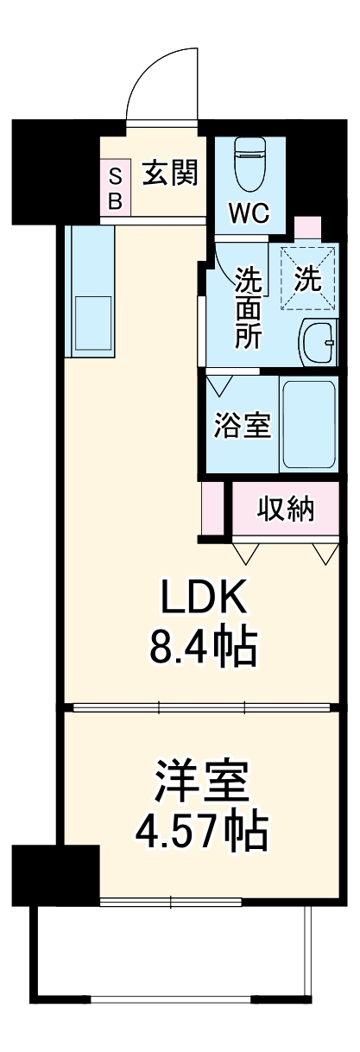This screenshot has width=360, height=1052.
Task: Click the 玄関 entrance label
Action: coord(171,173)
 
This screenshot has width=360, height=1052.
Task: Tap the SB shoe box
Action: coord(115,189)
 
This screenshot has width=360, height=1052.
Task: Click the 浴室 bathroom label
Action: coord(243,425)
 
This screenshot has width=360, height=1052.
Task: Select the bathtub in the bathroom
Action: coord(309,423)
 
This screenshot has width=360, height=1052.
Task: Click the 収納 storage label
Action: coord(286,510)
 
